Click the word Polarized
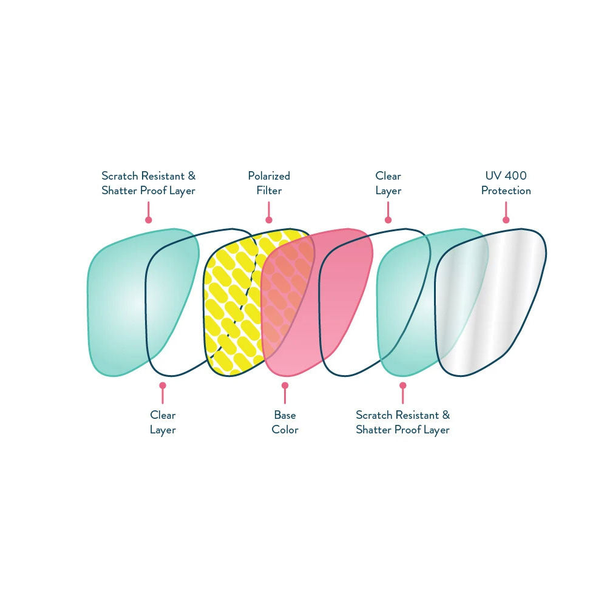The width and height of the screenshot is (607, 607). click(269, 176)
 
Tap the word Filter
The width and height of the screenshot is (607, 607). click(269, 191)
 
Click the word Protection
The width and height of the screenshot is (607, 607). click(506, 191)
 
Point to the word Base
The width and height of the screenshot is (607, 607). click(285, 415)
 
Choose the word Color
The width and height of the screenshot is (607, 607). click(285, 430)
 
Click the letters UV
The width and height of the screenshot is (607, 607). click(492, 176)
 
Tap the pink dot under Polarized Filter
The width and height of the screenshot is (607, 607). click(269, 220)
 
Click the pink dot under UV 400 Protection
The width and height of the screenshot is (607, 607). click(506, 220)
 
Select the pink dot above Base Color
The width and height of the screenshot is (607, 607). click(285, 385)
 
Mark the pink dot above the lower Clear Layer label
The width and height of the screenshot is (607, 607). click(163, 385)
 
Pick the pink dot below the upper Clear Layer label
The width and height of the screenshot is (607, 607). click(388, 220)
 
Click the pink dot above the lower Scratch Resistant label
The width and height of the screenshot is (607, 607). click(403, 385)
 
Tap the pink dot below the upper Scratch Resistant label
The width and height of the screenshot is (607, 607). click(148, 220)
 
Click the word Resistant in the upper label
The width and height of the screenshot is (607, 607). click(163, 176)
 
